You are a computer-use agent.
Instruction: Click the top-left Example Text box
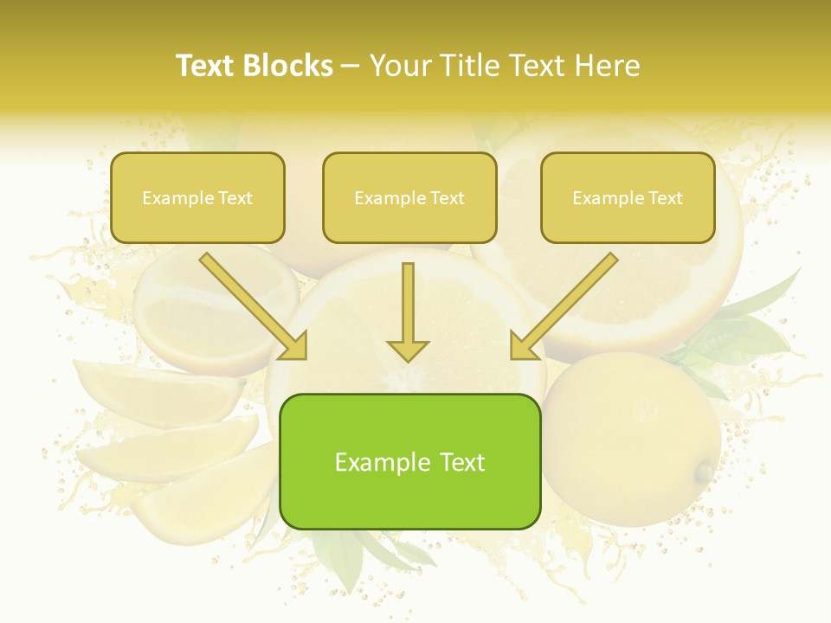197,197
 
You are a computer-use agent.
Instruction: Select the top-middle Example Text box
409,197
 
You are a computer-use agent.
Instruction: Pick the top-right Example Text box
628,197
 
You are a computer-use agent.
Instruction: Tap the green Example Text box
409,461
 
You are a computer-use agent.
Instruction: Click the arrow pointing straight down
408,311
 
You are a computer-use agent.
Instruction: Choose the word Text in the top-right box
665,198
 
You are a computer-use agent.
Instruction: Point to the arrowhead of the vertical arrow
408,350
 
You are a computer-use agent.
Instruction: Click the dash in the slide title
351,67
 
